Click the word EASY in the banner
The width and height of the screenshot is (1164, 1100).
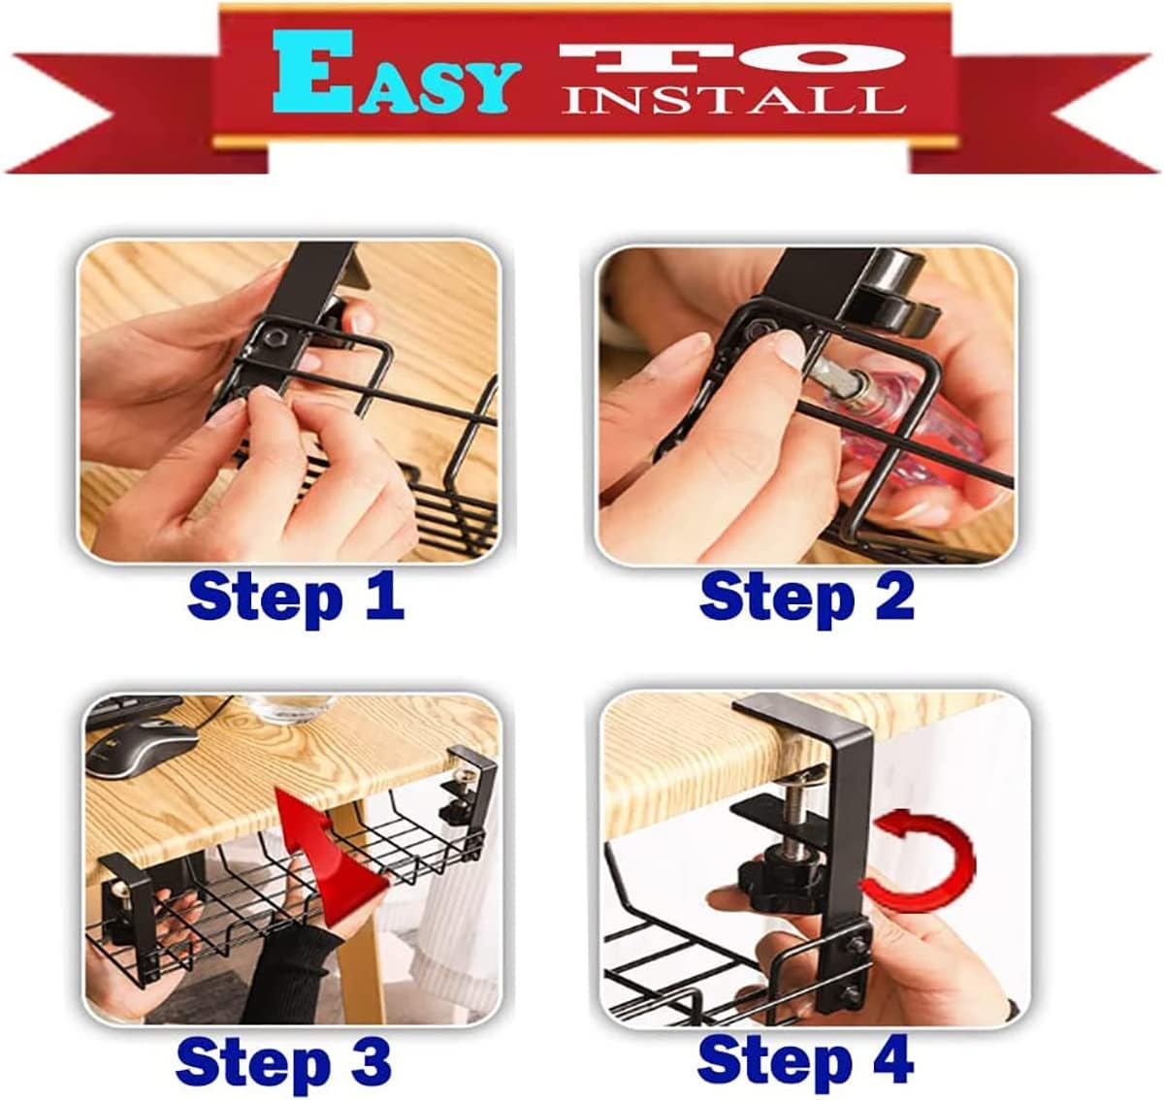[x=392, y=81]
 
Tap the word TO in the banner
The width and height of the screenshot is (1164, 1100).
[x=733, y=60]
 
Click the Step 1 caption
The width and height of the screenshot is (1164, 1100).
[x=295, y=596]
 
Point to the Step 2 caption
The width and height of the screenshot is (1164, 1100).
[x=806, y=596]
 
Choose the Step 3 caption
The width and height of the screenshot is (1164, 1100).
[x=283, y=1061]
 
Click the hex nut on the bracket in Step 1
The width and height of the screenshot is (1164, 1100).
[x=273, y=340]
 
